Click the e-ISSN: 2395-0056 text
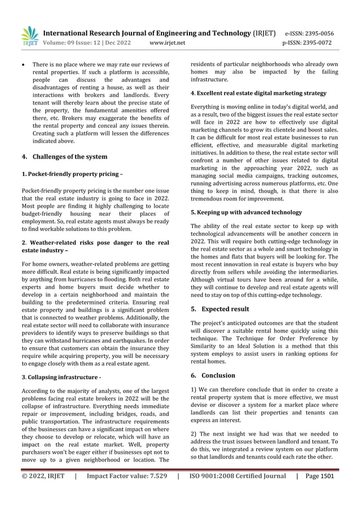click(x=309, y=33)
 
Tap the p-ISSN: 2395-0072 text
click(x=308, y=43)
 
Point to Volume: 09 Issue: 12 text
click(x=77, y=43)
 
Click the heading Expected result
click(x=225, y=309)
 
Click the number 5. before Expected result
click(x=194, y=309)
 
